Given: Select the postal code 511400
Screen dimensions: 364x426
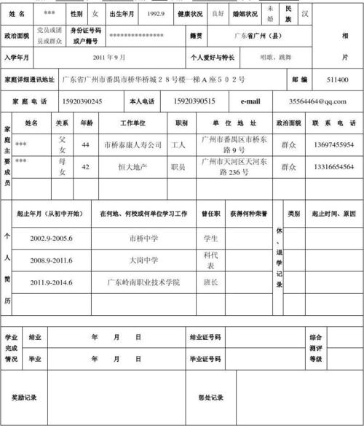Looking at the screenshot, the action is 337,80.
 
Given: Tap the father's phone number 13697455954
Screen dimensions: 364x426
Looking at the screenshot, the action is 334,145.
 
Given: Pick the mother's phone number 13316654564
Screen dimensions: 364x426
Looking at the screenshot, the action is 334,167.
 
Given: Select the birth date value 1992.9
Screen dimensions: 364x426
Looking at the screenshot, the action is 155,14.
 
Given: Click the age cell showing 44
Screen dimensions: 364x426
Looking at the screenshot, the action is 86,145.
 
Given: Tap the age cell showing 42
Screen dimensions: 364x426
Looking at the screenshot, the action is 86,167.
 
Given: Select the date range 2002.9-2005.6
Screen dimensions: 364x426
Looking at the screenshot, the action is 51,239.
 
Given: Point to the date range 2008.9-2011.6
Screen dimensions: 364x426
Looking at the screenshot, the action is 51,260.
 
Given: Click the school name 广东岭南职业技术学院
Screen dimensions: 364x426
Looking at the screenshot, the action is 143,282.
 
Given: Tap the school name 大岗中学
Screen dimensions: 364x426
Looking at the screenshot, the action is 143,260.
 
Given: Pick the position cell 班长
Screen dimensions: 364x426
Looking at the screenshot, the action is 211,282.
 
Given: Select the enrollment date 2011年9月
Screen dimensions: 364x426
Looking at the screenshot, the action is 109,57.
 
